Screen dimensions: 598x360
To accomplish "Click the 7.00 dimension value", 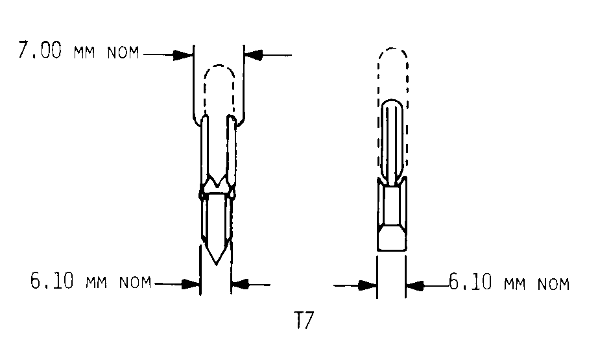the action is (40, 50).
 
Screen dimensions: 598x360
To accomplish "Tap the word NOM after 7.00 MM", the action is (123, 53).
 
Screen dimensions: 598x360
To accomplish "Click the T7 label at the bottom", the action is (304, 320).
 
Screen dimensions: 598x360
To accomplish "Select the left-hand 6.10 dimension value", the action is (52, 281).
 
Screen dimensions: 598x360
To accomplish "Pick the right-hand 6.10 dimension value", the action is (470, 282).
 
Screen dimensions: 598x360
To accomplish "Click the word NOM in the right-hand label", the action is (553, 284).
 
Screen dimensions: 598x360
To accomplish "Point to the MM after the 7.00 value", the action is (84, 53).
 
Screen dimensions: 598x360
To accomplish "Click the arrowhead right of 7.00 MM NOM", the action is (183, 54).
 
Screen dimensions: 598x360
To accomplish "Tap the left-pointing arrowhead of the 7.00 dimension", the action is (254, 55).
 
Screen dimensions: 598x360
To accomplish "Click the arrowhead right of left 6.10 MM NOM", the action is (190, 284).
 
